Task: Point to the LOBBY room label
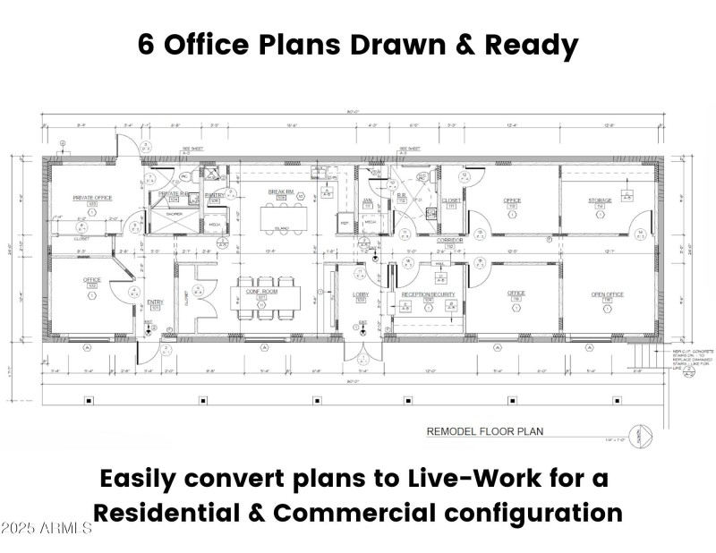click(362, 294)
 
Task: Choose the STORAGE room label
click(600, 200)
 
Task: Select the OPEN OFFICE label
click(607, 294)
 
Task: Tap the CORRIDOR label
click(449, 240)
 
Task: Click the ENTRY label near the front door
click(154, 303)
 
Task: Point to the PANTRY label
click(215, 194)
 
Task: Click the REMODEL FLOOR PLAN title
click(484, 431)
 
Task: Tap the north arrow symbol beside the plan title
click(637, 434)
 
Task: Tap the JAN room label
click(367, 200)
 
